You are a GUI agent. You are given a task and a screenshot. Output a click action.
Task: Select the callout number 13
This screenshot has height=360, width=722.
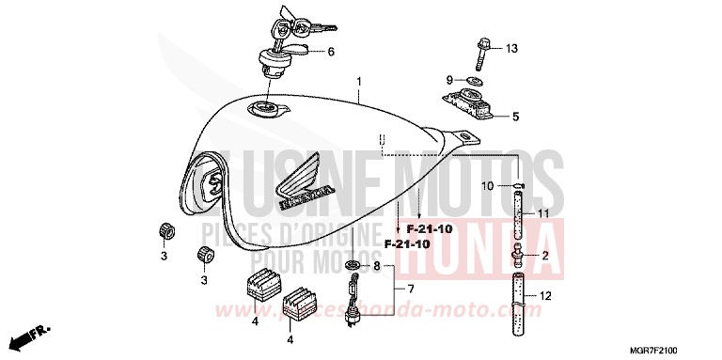(x=511, y=48)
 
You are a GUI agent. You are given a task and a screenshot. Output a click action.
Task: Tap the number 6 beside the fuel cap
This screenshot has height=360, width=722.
(x=331, y=53)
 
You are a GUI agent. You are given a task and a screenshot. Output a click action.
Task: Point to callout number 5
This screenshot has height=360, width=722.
(x=514, y=117)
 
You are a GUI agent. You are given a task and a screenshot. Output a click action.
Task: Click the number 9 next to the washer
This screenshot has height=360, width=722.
(x=449, y=80)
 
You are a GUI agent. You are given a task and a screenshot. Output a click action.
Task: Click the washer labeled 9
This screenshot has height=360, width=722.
(x=473, y=82)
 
